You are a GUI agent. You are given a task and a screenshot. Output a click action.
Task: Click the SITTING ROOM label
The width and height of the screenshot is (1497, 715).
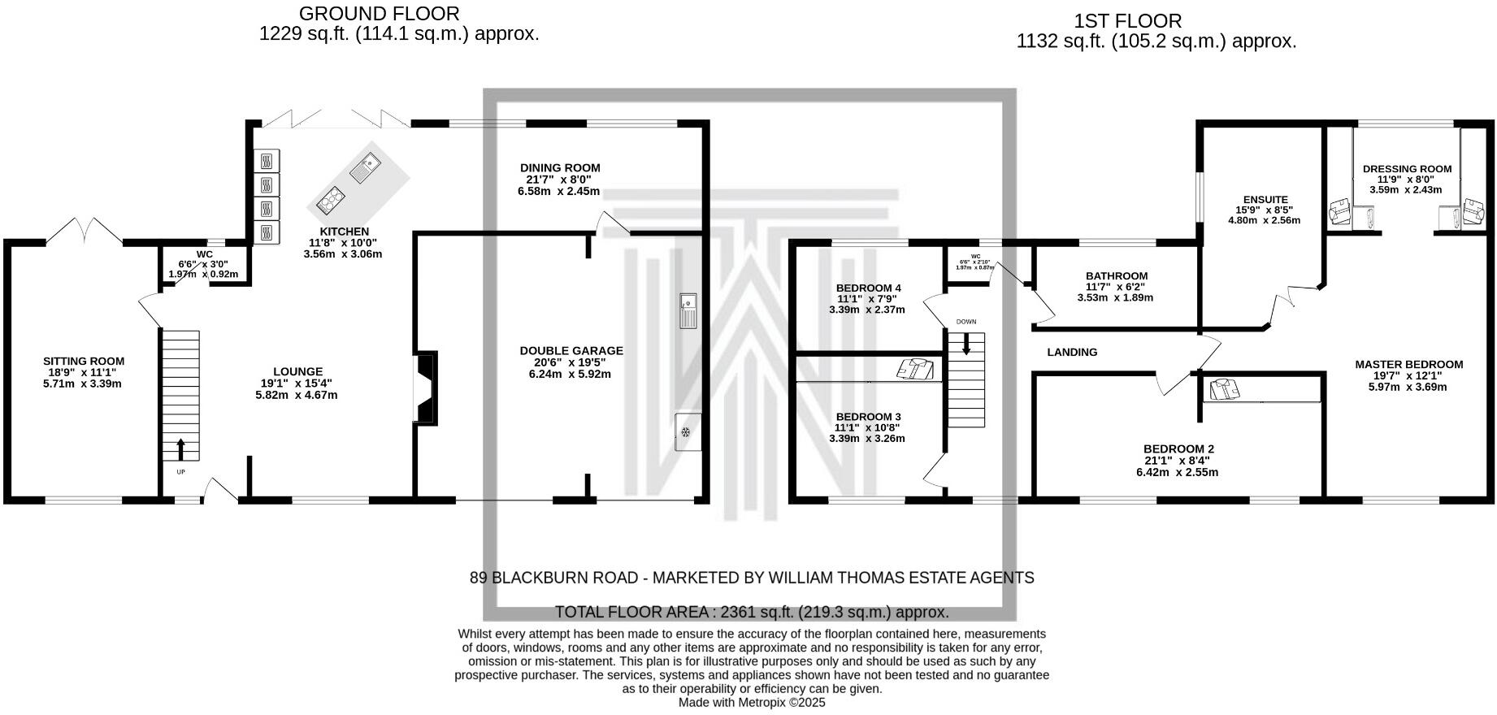84,362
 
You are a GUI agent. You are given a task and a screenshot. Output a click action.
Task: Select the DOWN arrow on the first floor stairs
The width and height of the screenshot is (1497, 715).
966,344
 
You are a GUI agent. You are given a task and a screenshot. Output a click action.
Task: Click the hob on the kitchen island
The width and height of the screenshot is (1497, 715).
332,198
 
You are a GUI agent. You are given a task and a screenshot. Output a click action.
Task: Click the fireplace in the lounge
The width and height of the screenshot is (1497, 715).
427,388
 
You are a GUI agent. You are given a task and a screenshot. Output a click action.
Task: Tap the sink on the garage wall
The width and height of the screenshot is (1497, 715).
688,310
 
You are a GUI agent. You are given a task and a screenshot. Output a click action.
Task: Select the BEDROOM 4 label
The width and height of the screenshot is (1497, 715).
868,288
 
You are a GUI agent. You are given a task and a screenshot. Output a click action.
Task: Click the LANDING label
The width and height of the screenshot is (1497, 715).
1072,352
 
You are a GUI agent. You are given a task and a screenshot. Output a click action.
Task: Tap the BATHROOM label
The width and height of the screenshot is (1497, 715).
1117,276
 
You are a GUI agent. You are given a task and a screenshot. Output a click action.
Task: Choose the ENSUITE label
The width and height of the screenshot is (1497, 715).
1265,199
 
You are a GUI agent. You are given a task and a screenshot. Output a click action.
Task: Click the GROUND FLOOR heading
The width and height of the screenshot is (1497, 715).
379,14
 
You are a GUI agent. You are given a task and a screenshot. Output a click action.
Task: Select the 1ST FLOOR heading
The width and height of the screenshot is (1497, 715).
1127,21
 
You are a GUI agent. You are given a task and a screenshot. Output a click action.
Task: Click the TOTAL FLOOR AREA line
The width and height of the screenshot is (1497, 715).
751,612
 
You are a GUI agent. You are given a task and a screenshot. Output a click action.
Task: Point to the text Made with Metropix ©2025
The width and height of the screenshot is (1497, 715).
751,703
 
